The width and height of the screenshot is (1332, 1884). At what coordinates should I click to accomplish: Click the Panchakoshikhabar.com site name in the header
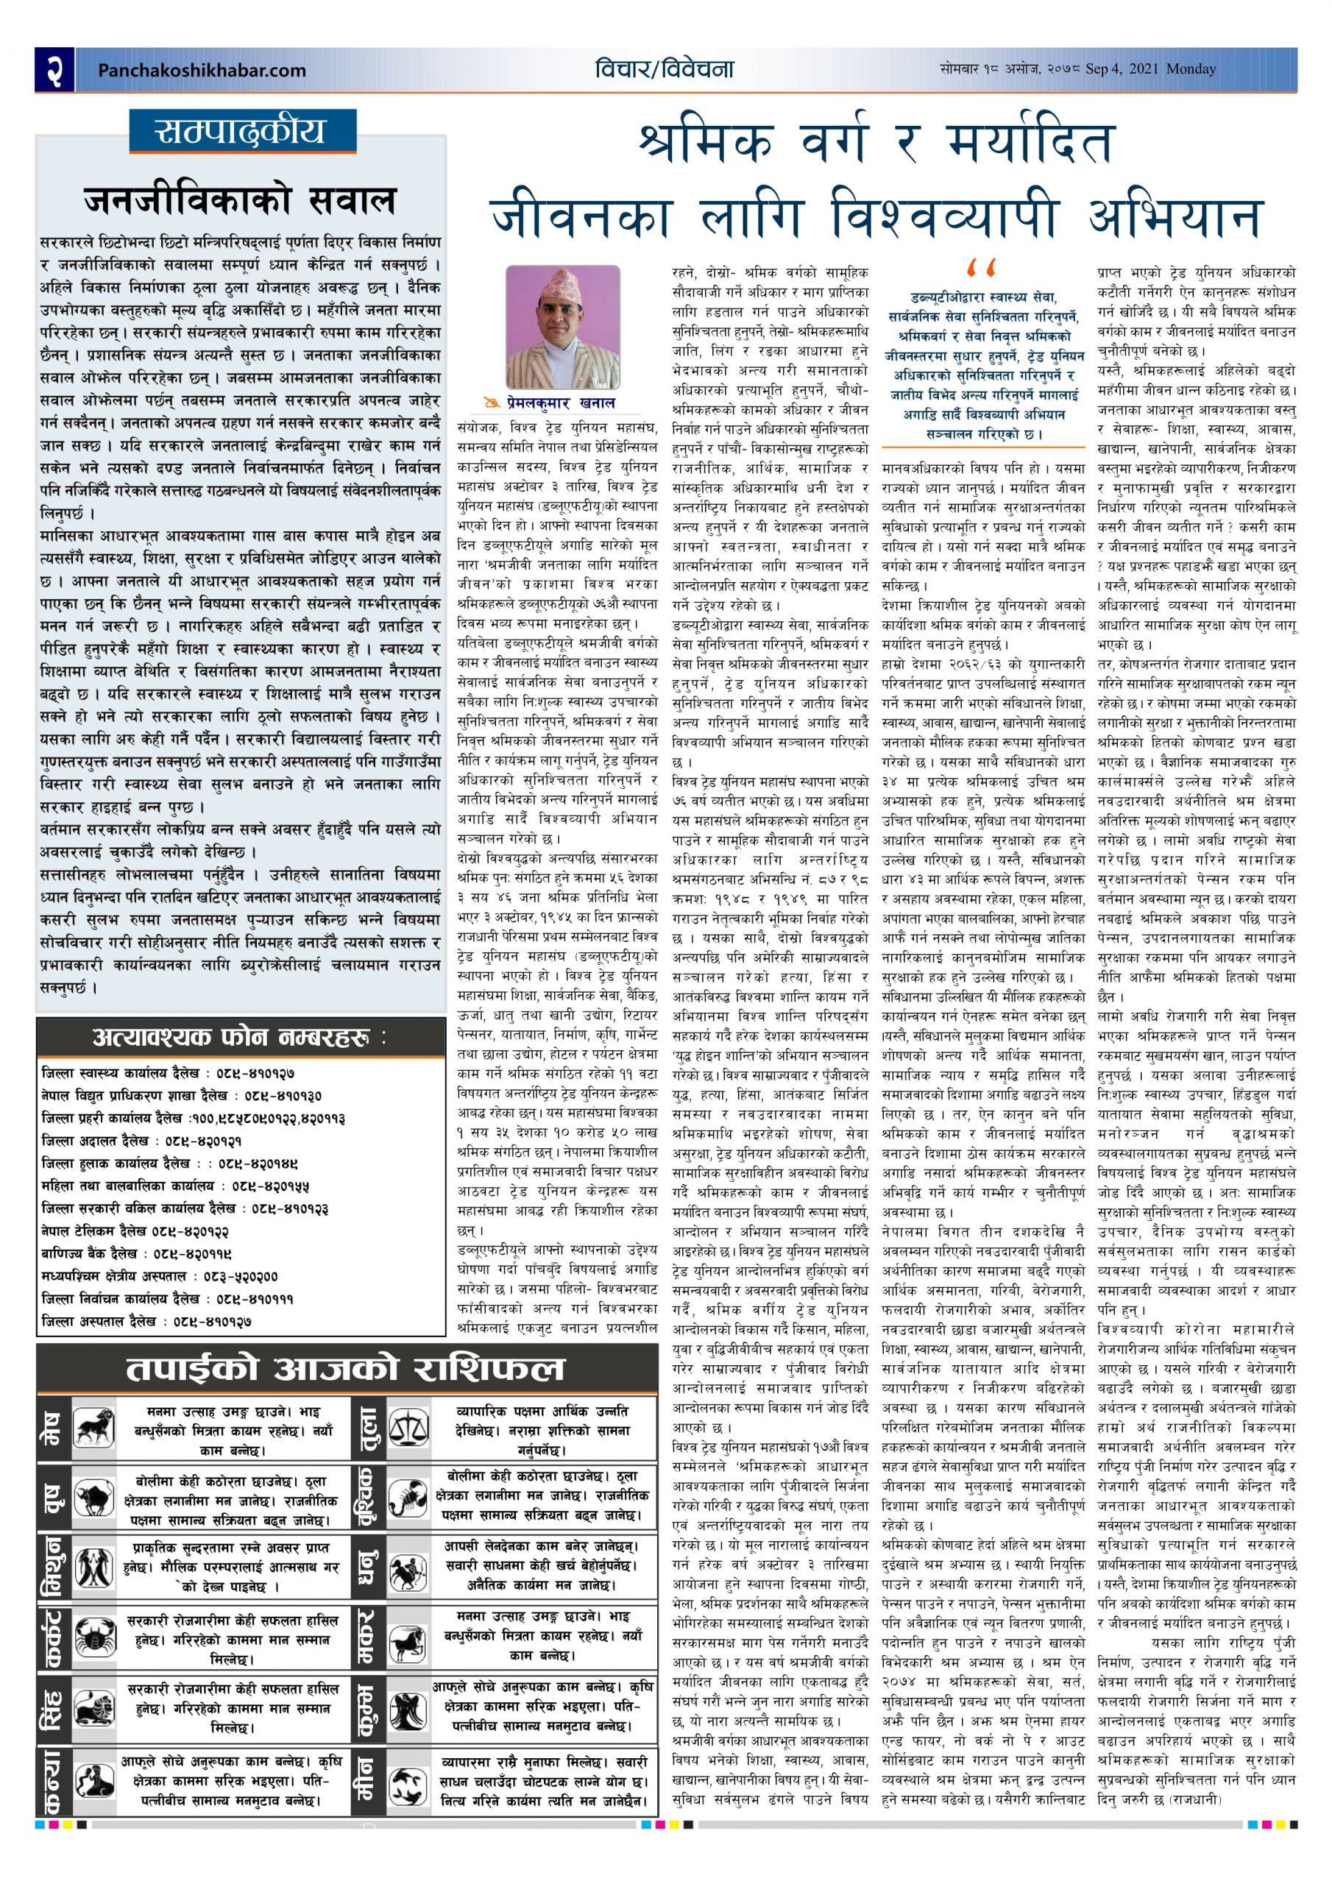point(201,71)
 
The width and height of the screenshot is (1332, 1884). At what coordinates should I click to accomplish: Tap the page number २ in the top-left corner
point(54,70)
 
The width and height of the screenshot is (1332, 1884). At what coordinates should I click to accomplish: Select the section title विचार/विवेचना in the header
point(664,70)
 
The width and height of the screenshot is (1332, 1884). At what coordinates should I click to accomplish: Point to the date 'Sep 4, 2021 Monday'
point(1149,70)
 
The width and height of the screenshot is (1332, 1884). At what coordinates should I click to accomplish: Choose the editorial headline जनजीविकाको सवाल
point(241,200)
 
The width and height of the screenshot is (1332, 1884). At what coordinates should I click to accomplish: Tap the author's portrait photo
point(563,327)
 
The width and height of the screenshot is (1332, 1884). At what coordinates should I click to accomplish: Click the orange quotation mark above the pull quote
point(981,269)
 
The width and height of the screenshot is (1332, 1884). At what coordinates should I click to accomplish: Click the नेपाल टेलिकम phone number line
point(135,1230)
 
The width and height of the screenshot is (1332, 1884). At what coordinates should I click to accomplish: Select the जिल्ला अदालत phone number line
point(142,1141)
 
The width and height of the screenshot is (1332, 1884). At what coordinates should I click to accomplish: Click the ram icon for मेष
point(94,1428)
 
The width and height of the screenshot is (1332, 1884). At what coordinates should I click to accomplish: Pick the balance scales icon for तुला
point(408,1428)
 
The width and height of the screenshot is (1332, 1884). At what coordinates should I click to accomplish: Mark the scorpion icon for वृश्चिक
point(408,1501)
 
